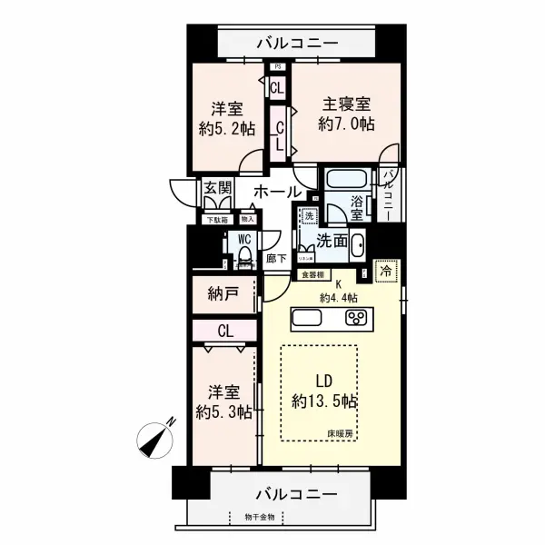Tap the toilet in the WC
[243, 257]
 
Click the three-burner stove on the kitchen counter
[354, 319]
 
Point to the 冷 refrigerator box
[386, 270]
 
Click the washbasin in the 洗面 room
[357, 245]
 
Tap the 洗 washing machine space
[308, 215]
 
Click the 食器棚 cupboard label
[312, 273]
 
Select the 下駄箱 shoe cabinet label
[214, 219]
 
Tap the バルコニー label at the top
[296, 41]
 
